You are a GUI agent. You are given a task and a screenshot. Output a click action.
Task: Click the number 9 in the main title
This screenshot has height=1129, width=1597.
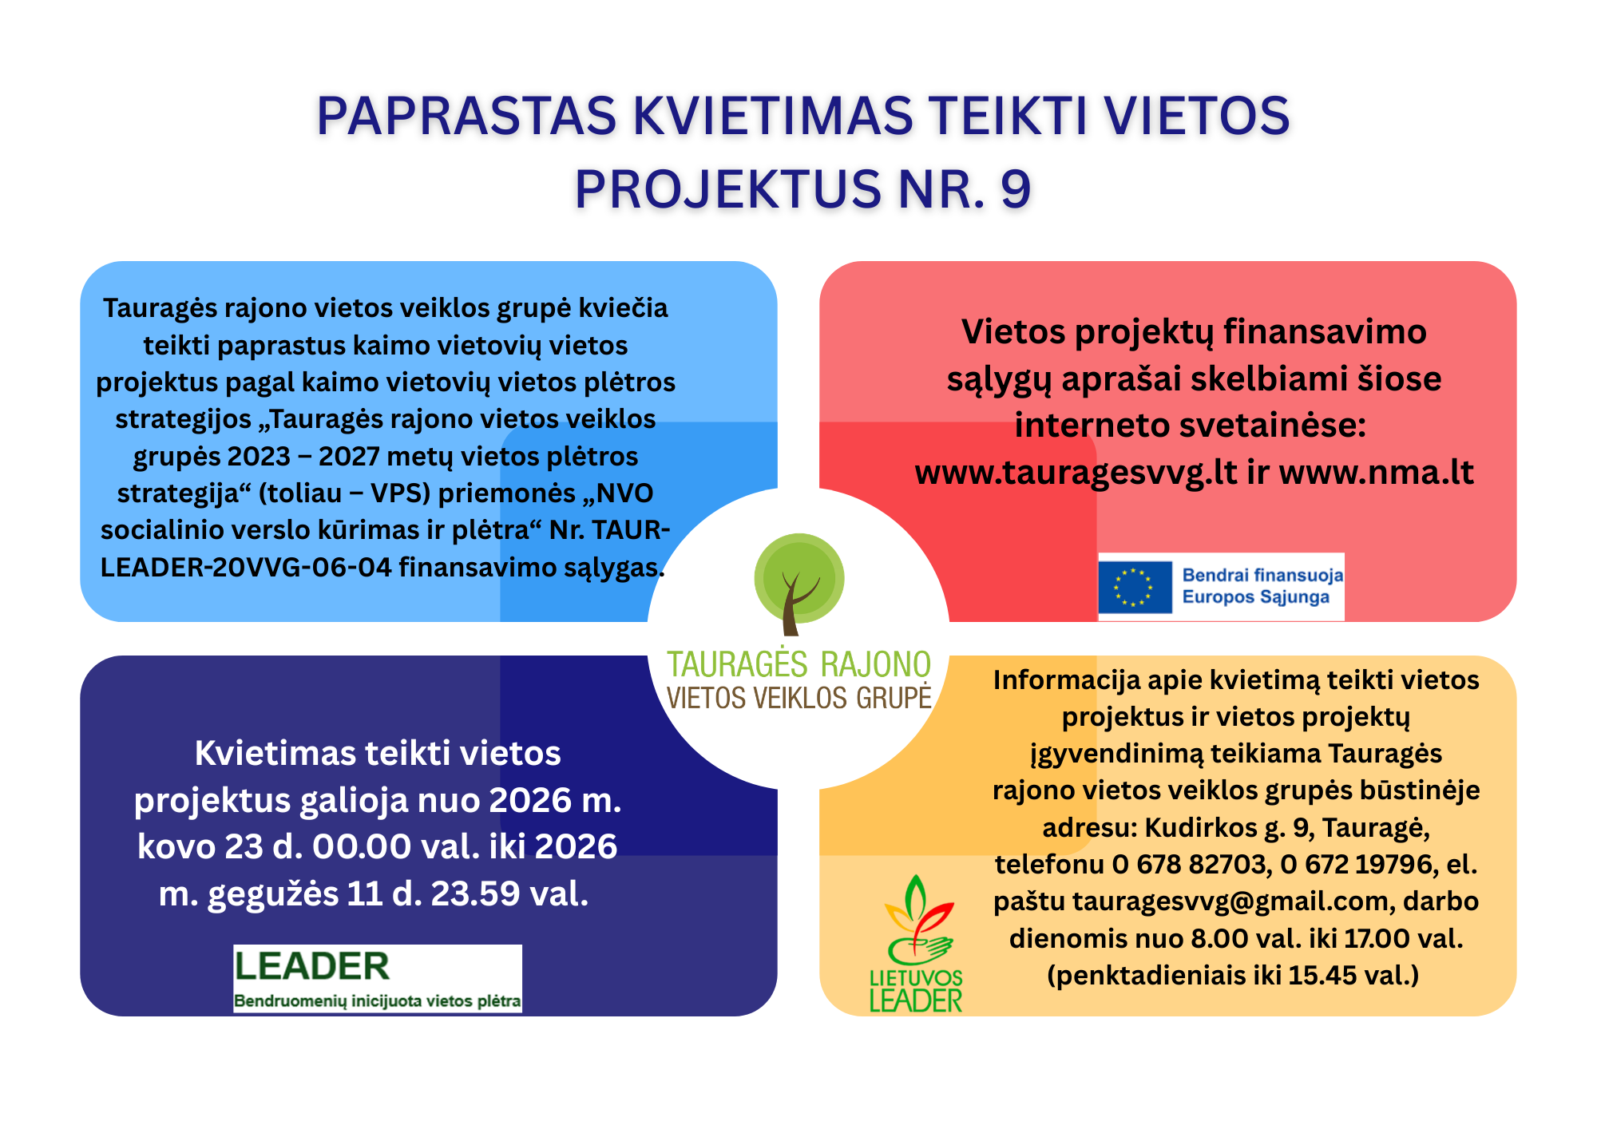point(1015,189)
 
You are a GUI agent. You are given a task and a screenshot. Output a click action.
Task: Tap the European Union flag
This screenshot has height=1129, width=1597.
point(1135,587)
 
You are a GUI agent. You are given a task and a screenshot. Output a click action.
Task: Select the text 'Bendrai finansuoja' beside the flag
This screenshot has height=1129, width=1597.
point(1262,575)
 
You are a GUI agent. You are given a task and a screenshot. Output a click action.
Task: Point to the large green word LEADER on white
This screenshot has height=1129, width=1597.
point(311,966)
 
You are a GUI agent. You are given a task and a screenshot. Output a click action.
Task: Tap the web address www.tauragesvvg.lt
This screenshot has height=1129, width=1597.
point(1076,473)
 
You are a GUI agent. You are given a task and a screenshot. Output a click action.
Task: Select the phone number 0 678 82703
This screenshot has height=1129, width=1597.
point(1190,864)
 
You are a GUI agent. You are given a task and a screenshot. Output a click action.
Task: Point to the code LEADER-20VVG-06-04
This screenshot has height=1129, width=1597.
point(246,567)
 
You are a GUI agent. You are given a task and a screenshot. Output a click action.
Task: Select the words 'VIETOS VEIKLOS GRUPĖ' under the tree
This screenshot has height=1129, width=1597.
point(799,698)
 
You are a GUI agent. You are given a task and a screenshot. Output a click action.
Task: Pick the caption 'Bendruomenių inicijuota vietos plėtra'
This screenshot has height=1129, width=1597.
point(377,1001)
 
